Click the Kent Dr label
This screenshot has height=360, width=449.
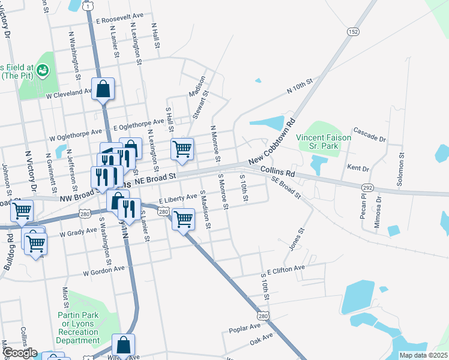click(x=358, y=154)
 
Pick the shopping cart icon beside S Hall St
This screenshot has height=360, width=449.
click(x=182, y=149)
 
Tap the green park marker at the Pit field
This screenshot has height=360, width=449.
click(x=43, y=71)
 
